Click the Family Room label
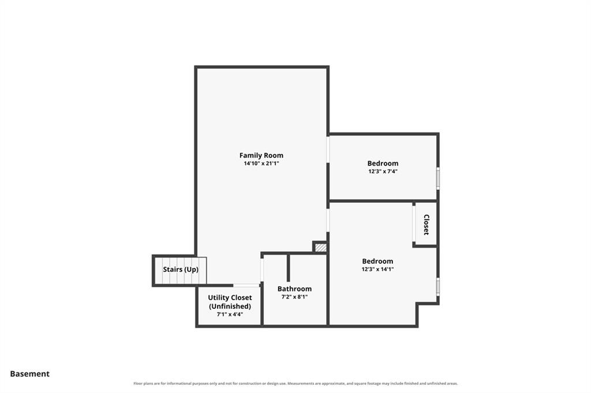pyautogui.click(x=261, y=155)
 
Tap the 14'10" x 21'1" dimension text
pyautogui.click(x=261, y=164)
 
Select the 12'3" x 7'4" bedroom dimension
pyautogui.click(x=383, y=171)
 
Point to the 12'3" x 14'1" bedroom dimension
pyautogui.click(x=377, y=269)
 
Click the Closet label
pyautogui.click(x=427, y=224)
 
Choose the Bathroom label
pyautogui.click(x=294, y=289)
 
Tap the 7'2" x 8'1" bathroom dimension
pyautogui.click(x=294, y=297)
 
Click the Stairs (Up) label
pyautogui.click(x=181, y=270)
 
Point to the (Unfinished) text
pyautogui.click(x=230, y=307)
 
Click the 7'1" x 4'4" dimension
pyautogui.click(x=230, y=314)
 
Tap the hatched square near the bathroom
pyautogui.click(x=320, y=247)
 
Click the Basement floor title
pyautogui.click(x=30, y=374)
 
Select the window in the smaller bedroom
pyautogui.click(x=438, y=179)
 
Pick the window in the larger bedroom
pyautogui.click(x=438, y=287)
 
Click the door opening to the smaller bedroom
pyautogui.click(x=328, y=149)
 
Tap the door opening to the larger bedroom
pyautogui.click(x=328, y=220)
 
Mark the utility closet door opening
pyautogui.click(x=246, y=285)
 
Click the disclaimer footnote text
pyautogui.click(x=295, y=384)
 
